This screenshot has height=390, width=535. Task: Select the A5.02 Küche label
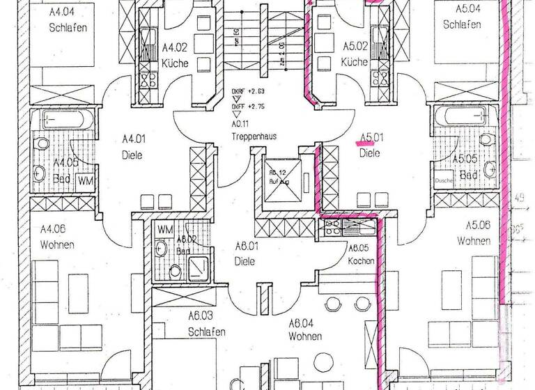(x=355, y=55)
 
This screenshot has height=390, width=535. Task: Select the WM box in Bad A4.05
(x=85, y=180)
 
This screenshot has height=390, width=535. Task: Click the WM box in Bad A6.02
(x=164, y=228)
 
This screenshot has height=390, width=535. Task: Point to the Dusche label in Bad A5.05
(x=443, y=180)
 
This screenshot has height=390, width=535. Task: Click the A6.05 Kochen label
(x=362, y=253)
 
